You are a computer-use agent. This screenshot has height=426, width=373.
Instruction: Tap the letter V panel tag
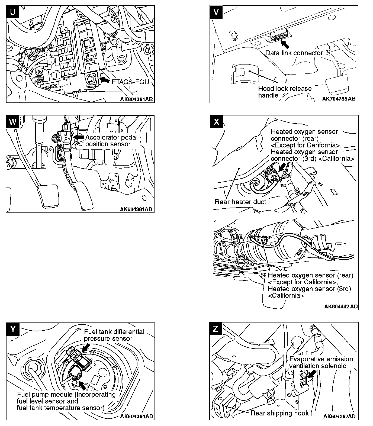click(x=216, y=13)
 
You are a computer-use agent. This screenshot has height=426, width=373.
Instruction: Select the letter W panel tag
click(x=12, y=122)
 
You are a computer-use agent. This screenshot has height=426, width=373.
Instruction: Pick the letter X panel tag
click(x=216, y=122)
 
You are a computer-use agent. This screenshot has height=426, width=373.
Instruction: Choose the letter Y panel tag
click(x=12, y=329)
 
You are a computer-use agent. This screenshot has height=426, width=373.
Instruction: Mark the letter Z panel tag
click(x=216, y=329)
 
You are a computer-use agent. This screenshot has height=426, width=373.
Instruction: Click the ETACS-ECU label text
click(x=131, y=82)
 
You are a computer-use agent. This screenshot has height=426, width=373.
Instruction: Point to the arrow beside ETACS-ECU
click(x=105, y=80)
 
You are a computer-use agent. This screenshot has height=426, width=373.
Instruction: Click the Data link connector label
click(x=294, y=53)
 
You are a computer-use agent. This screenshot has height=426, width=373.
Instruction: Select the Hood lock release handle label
click(x=285, y=92)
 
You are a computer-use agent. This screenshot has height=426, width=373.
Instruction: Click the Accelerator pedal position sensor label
click(x=111, y=141)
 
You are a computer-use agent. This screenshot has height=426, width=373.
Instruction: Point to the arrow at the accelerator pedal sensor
click(x=79, y=137)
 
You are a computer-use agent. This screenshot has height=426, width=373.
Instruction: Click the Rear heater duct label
click(x=240, y=202)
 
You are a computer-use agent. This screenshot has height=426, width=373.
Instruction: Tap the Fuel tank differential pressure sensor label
click(x=114, y=335)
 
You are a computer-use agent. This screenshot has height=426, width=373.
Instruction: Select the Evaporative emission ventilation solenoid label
click(x=321, y=362)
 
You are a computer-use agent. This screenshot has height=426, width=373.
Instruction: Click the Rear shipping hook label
click(x=279, y=413)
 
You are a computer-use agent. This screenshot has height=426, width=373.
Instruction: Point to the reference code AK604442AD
click(x=341, y=306)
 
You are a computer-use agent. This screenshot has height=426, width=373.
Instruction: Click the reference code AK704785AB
click(x=339, y=99)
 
